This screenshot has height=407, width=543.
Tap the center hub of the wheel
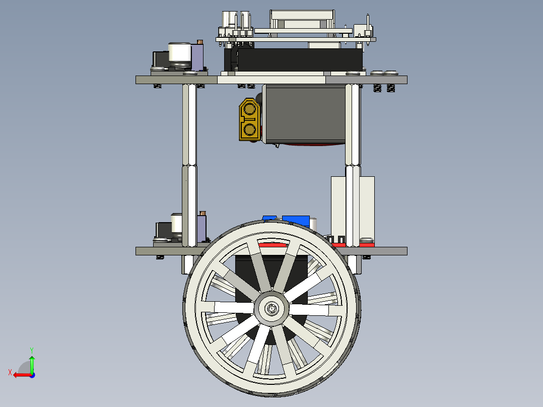click(271, 308)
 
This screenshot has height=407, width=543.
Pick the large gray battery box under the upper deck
click(305, 114)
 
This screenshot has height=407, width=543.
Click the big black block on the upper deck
click(300, 59)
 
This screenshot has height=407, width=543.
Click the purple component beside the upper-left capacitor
click(198, 56)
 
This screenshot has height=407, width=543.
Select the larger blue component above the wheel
click(296, 220)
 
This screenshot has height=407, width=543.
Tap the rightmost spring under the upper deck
click(390, 88)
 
